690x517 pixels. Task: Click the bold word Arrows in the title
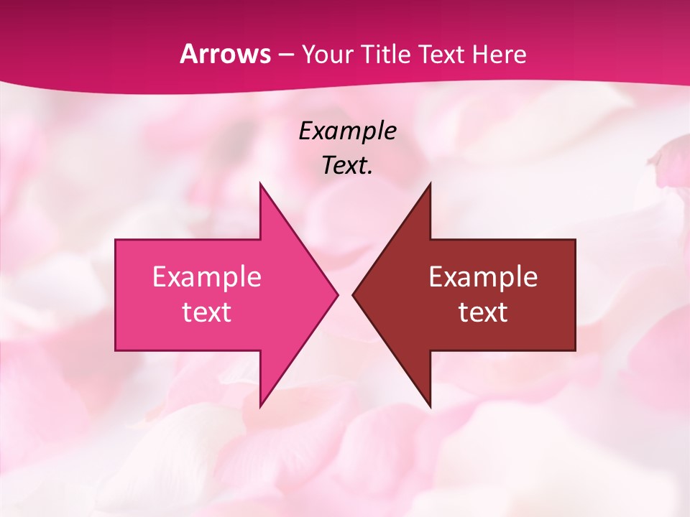225,54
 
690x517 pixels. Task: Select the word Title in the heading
388,54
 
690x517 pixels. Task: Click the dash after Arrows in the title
285,55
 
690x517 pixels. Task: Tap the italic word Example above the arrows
348,131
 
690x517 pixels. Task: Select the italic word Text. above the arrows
348,165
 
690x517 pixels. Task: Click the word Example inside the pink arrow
207,276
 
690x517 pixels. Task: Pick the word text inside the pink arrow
207,312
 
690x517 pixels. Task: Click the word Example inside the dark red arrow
483,276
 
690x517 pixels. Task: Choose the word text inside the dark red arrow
483,312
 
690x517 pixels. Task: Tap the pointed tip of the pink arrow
336,294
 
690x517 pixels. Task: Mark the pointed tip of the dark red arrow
354,294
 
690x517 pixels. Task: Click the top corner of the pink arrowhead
260,184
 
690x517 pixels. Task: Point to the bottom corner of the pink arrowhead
260,406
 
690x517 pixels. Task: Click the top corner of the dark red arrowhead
430,184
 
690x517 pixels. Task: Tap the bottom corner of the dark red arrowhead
430,406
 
